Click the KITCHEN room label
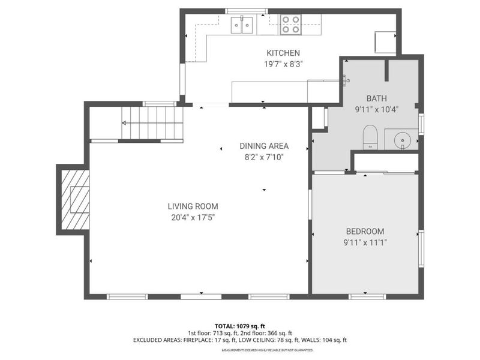point(283,53)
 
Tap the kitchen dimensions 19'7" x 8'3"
point(283,64)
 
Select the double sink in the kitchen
point(242,25)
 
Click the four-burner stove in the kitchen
point(291,25)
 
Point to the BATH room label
point(377,99)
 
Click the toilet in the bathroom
point(370,136)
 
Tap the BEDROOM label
point(365,232)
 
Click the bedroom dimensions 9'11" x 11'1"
point(365,242)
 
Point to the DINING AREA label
point(264,146)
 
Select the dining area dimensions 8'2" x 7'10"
point(264,157)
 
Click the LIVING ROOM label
point(193,206)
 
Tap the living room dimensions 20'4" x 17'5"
point(193,217)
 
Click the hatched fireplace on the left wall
point(74,200)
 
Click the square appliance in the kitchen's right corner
point(385,41)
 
